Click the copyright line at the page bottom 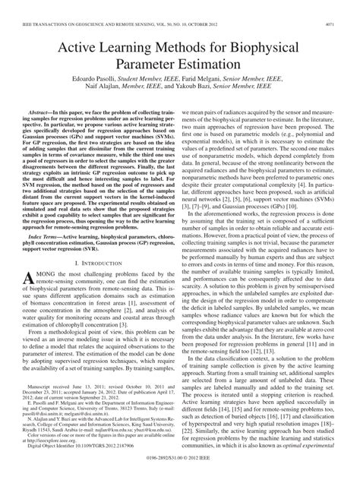[x=180, y=470]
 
